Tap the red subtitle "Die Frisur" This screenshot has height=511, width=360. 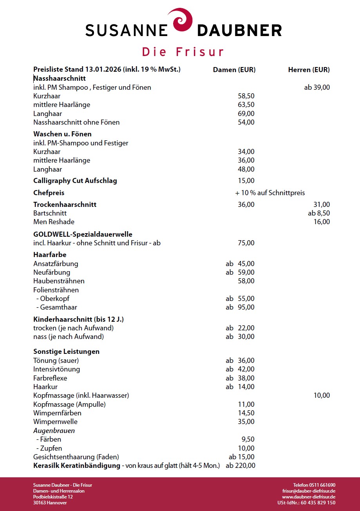pyautogui.click(x=183, y=52)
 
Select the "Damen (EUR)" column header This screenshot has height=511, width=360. pyautogui.click(x=234, y=70)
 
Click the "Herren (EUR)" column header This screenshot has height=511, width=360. pyautogui.click(x=309, y=70)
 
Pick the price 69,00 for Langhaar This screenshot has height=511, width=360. pyautogui.click(x=246, y=114)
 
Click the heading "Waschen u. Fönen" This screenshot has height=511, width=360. pyautogui.click(x=62, y=134)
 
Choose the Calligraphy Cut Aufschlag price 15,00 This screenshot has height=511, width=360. pyautogui.click(x=246, y=181)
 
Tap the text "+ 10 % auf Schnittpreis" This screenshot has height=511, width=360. pyautogui.click(x=270, y=193)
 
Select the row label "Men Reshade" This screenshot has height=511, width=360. pyautogui.click(x=54, y=222)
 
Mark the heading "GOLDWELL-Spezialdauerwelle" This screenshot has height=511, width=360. pyautogui.click(x=83, y=234)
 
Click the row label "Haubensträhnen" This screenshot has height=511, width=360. pyautogui.click(x=59, y=281)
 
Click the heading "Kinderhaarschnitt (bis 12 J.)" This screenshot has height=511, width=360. pyautogui.click(x=78, y=319)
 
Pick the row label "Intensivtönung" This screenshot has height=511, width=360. pyautogui.click(x=56, y=369)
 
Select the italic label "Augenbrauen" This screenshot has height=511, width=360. pyautogui.click(x=54, y=431)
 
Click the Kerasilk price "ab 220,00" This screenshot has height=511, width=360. pyautogui.click(x=240, y=466)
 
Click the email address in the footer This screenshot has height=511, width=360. pyautogui.click(x=308, y=491)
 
